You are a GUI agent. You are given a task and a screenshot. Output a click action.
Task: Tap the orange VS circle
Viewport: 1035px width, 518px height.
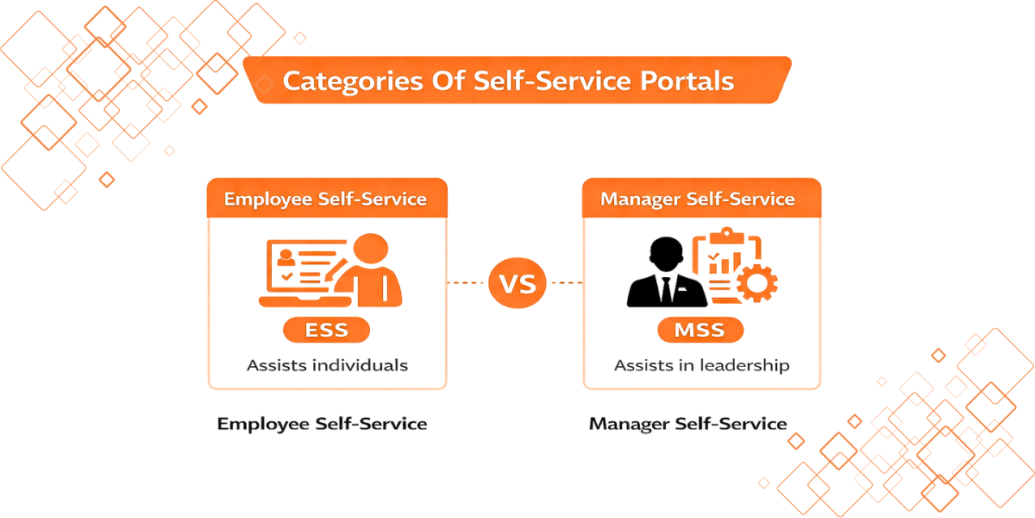click(517, 282)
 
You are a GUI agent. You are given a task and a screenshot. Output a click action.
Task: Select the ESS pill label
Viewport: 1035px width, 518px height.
click(326, 330)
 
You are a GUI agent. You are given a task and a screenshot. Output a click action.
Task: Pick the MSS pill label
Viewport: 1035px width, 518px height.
click(699, 330)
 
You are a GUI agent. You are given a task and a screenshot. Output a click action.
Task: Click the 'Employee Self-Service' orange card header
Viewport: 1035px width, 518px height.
click(326, 199)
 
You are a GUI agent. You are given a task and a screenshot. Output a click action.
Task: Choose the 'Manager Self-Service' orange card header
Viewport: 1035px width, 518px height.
click(699, 199)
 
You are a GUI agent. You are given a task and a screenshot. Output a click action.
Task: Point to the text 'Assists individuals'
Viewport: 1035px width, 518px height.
click(327, 365)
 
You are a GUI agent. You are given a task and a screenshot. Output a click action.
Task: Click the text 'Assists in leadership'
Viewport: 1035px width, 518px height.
click(701, 365)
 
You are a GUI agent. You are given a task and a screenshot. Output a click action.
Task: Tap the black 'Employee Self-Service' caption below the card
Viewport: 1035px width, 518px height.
click(323, 424)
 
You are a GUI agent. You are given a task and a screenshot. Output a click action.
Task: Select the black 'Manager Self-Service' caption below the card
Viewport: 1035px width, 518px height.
click(688, 424)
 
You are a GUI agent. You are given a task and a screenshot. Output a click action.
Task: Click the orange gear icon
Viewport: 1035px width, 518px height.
click(757, 281)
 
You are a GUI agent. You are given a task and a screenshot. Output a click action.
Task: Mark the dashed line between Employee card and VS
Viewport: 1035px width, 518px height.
click(467, 282)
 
